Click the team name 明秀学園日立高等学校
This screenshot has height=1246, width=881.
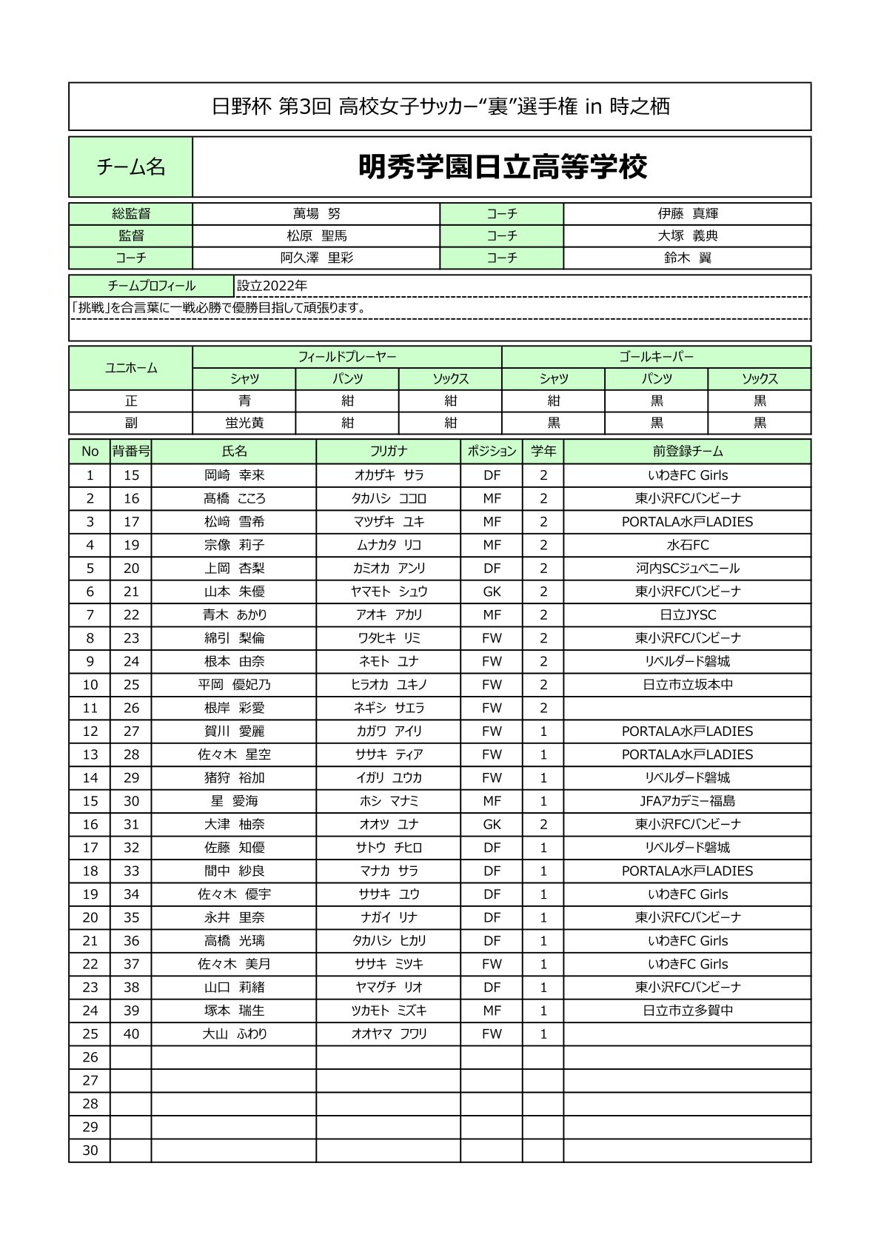pos(502,167)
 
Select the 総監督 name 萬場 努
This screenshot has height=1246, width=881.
pos(316,214)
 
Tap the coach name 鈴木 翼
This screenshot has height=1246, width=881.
pos(687,258)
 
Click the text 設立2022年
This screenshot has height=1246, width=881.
pos(272,286)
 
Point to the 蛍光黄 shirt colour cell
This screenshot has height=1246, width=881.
pos(244,423)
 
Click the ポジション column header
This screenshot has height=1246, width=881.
pos(492,451)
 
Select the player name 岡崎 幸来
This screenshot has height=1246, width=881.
pos(234,475)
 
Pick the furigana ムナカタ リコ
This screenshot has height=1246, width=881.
pos(389,545)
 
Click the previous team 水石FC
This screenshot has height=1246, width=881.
pos(687,545)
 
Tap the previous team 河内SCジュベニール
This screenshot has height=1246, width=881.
pos(687,569)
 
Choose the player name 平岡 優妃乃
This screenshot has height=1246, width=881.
pos(234,685)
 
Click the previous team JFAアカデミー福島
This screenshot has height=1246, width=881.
pos(687,801)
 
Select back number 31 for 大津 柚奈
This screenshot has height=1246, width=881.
pos(131,824)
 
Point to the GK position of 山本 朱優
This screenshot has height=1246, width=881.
pos(492,592)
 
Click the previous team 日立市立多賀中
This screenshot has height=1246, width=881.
pos(687,1011)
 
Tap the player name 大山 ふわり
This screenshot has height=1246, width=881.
pos(234,1034)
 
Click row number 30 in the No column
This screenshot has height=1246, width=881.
pos(90,1150)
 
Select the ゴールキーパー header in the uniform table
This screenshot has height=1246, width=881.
pos(656,357)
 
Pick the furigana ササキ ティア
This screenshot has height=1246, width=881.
pos(389,754)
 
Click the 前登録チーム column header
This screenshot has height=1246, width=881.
pos(687,451)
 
